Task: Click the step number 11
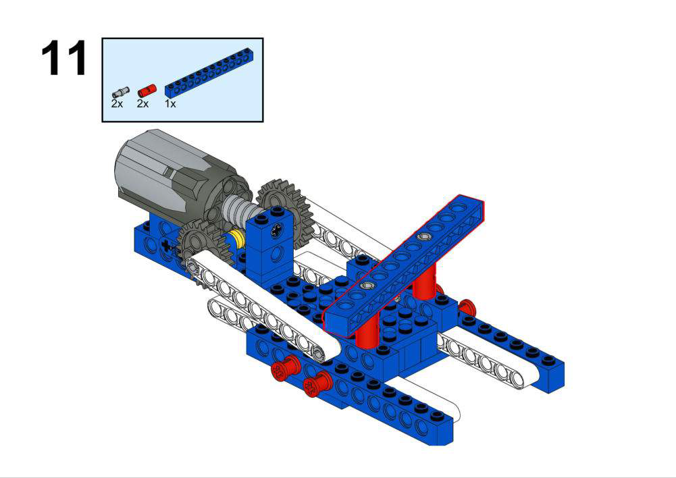coord(63,58)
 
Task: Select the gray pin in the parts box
coord(121,92)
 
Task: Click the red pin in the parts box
coord(147,91)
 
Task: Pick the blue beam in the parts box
coord(213,72)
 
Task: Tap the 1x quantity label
coord(170,104)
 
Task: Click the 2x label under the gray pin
coord(117,104)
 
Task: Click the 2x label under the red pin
coord(142,104)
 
